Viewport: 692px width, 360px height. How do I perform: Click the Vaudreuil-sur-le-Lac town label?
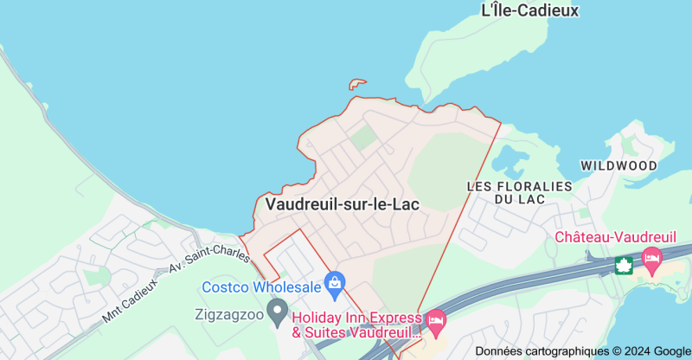343,204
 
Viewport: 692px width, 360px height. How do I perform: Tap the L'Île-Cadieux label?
529,10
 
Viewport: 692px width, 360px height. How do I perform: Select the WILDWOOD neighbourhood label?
618,165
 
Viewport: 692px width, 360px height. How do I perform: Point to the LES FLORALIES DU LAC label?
519,192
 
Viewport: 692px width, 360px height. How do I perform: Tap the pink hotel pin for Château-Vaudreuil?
651,257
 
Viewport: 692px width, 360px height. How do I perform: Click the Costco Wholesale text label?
261,286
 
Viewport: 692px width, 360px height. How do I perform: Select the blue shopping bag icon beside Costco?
335,282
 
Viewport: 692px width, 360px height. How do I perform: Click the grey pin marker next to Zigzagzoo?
277,310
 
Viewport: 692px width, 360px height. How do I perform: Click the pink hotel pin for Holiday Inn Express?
436,322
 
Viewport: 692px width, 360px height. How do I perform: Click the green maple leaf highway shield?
624,265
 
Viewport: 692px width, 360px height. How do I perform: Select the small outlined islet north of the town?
358,84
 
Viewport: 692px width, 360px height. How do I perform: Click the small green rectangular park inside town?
363,137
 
